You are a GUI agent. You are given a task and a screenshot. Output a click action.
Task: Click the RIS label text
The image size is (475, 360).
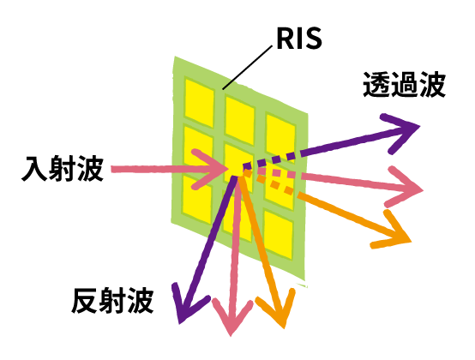point(299,39)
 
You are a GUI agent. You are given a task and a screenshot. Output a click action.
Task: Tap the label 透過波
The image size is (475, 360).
point(404,85)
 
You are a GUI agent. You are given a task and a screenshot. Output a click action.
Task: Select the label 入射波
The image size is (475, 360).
point(63,168)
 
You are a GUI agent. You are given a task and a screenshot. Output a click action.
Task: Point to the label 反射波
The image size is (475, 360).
point(112,301)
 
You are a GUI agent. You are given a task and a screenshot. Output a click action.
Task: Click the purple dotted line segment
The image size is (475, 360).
point(268,160)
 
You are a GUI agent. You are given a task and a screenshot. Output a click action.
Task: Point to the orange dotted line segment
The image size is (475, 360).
point(268,183)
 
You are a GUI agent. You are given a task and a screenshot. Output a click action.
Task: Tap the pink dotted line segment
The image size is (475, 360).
point(276,173)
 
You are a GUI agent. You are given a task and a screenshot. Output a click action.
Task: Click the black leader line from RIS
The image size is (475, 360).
point(247,68)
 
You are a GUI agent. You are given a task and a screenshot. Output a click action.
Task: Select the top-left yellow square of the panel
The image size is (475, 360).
point(199,103)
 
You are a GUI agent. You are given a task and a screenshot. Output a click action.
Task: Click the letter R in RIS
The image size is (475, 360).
point(286,39)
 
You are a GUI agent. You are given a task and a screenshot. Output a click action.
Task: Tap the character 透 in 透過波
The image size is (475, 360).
point(376,85)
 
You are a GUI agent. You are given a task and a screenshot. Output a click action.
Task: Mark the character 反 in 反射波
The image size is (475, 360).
point(85,301)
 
